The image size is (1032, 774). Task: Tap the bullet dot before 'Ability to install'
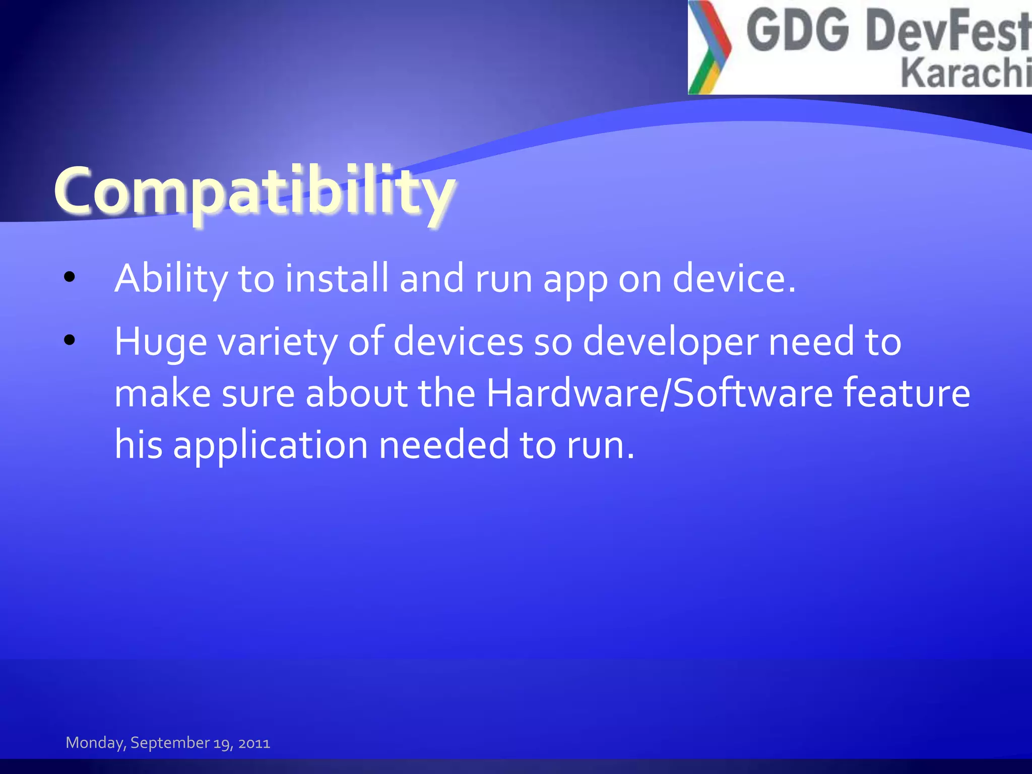pyautogui.click(x=70, y=277)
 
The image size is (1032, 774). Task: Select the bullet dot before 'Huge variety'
pyautogui.click(x=70, y=340)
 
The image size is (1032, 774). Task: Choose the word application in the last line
pyautogui.click(x=270, y=445)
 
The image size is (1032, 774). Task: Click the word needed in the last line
pyautogui.click(x=443, y=445)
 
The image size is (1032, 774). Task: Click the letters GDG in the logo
pyautogui.click(x=797, y=31)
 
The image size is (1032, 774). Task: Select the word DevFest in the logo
pyautogui.click(x=947, y=31)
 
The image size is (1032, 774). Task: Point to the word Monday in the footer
pyautogui.click(x=95, y=743)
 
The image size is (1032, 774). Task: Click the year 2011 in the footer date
pyautogui.click(x=254, y=743)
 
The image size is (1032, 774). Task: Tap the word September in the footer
pyautogui.click(x=170, y=743)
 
